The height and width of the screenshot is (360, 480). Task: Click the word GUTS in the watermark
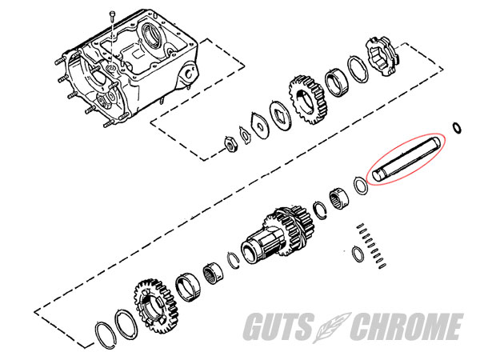click(278, 326)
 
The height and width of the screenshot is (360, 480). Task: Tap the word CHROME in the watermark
click(406, 326)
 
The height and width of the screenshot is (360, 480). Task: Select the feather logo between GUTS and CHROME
click(331, 327)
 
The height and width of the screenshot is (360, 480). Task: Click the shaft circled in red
click(406, 159)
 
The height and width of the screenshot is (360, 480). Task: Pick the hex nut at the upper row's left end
click(230, 143)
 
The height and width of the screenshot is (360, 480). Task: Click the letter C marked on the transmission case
click(190, 74)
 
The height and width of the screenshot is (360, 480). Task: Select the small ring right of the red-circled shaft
click(457, 128)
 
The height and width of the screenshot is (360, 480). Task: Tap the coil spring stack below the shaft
click(372, 246)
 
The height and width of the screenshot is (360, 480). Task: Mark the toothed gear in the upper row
click(307, 99)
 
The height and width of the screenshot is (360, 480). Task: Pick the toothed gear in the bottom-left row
click(155, 306)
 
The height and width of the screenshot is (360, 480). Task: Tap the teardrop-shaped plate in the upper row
click(259, 126)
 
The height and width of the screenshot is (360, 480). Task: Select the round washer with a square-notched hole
click(280, 114)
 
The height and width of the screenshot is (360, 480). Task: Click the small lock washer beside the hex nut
click(245, 134)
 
